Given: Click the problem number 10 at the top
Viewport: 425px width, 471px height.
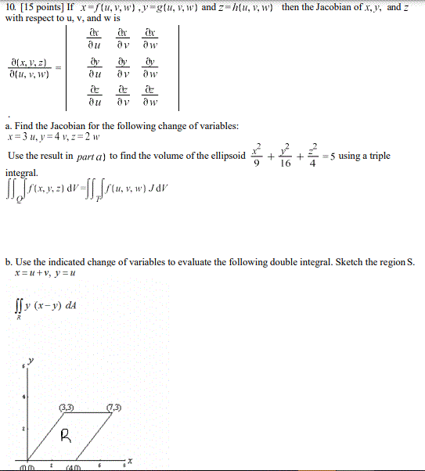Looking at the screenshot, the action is [x=9, y=7].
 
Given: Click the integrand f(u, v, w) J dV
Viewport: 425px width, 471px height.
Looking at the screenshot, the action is [x=142, y=188].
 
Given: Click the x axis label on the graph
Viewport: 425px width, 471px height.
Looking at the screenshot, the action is [x=131, y=462].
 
